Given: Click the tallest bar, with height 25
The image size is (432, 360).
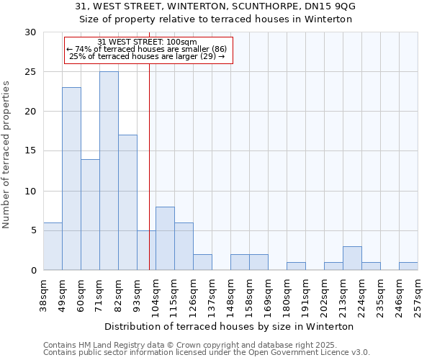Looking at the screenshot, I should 109,171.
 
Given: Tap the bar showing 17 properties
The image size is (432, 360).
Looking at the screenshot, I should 127,202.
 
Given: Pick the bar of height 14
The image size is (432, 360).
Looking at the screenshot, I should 90,215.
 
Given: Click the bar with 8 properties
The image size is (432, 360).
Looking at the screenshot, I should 165,238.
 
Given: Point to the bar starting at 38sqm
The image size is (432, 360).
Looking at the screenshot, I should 53,246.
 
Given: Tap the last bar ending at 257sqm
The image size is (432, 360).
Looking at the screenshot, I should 408,266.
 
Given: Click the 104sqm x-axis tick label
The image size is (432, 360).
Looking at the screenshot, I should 156,294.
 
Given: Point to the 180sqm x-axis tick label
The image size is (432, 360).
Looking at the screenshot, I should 287,294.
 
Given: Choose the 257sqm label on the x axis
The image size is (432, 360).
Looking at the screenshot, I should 418,294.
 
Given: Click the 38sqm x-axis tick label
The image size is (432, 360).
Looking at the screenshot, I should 44,294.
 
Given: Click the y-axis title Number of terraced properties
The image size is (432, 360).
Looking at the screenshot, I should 7,155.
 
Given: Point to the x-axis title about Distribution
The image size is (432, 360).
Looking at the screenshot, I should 230,326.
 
